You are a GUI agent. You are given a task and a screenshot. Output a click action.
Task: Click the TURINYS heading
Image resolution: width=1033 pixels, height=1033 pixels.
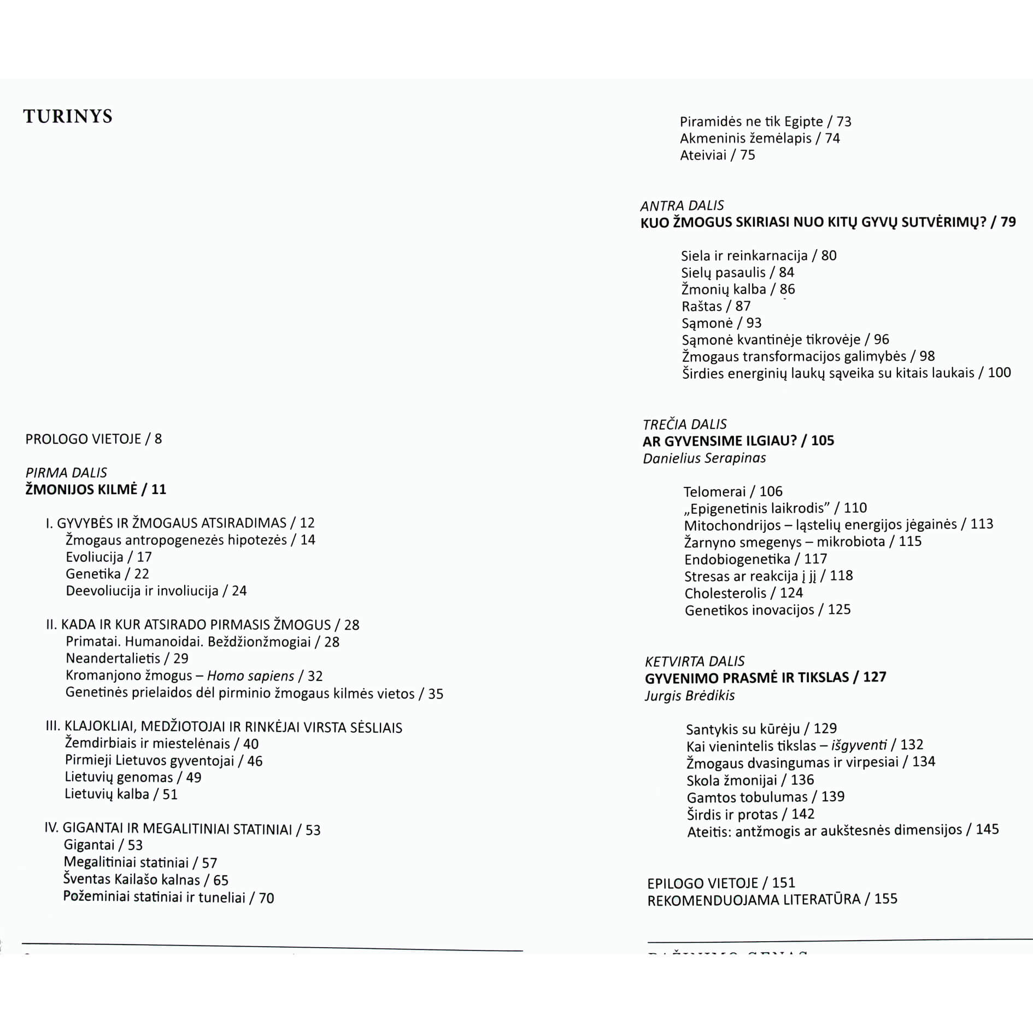coord(68,116)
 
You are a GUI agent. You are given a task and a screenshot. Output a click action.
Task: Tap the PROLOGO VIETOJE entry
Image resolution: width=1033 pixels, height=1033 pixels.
coord(93,439)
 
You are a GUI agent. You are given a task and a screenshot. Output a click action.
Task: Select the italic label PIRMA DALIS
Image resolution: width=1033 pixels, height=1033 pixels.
coord(66,473)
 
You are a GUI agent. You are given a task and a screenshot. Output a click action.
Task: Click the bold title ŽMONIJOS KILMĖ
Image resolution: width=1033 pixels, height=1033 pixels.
coord(81,489)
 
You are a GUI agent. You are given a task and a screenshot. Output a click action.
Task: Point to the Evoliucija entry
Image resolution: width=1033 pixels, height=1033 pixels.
coord(95,557)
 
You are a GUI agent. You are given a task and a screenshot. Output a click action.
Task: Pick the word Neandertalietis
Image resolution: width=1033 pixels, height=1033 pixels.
coord(113,659)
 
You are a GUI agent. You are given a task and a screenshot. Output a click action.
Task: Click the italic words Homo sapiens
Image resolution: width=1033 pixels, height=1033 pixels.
coord(250,676)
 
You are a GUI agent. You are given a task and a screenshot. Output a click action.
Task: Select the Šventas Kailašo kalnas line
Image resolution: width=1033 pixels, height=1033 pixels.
coord(145,879)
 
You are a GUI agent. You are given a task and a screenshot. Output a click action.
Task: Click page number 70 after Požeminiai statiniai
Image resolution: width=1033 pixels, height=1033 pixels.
coord(266,898)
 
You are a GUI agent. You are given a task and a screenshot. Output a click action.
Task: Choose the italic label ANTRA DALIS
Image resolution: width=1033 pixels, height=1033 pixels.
coord(682,206)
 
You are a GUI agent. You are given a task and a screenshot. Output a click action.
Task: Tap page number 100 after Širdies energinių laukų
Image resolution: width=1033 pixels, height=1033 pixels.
coord(999,373)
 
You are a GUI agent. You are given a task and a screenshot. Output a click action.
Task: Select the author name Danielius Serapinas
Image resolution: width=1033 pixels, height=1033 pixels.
coord(704,458)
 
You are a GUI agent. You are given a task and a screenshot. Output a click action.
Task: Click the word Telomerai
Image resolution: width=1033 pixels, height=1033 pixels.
coord(714,491)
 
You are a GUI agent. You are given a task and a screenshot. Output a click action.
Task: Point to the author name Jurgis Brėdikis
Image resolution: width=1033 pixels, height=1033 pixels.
coord(690,695)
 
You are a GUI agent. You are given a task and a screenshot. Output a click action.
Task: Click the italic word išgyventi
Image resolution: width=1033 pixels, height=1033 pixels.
coord(859,745)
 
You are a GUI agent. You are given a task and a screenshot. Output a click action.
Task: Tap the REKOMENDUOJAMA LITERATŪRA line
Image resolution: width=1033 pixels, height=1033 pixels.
coord(772,899)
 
